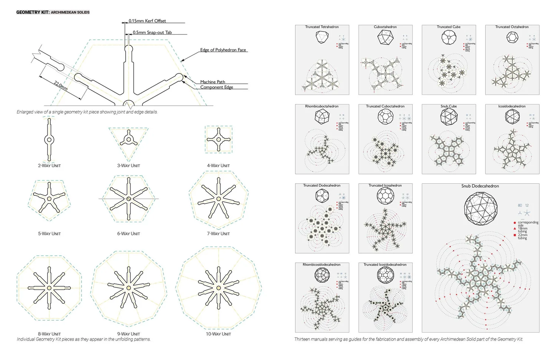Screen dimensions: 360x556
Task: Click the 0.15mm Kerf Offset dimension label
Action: (x=147, y=21)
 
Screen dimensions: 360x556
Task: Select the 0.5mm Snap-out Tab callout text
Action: (x=152, y=32)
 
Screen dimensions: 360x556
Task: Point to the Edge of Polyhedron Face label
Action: (x=223, y=50)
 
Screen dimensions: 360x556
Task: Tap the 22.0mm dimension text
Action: (x=61, y=86)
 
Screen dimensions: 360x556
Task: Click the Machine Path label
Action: (x=212, y=82)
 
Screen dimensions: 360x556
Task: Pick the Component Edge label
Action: (x=216, y=87)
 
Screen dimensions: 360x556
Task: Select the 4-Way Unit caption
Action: (x=218, y=165)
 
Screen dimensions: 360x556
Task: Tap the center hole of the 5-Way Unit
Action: (x=49, y=199)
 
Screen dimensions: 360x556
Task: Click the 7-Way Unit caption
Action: (x=218, y=234)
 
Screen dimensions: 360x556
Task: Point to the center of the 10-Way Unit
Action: (x=218, y=288)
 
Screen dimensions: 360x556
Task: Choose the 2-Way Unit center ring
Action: (x=49, y=140)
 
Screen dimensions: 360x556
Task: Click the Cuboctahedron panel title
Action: (x=385, y=27)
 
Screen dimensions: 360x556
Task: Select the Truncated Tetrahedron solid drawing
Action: (x=322, y=37)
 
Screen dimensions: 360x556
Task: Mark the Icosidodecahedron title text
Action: (x=512, y=106)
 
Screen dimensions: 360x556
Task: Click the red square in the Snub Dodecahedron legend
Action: (x=514, y=235)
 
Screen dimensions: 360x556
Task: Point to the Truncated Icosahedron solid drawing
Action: (x=385, y=196)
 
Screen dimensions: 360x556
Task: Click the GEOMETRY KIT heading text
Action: (x=33, y=12)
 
